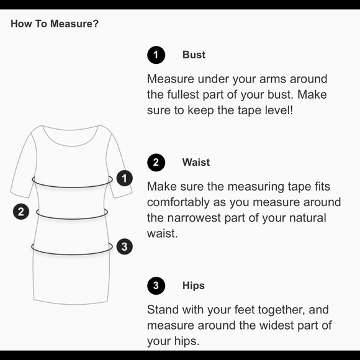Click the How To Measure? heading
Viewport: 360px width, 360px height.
[x=55, y=24]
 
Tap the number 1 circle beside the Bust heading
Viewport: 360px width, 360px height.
[x=156, y=55]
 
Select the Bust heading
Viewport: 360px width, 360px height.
[x=194, y=55]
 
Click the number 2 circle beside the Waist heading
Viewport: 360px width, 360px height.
[x=156, y=163]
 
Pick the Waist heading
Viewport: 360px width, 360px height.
[x=196, y=162]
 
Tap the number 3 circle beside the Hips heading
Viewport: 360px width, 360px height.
[x=156, y=286]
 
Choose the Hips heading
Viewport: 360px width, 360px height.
[x=193, y=286]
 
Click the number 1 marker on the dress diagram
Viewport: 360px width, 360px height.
[x=124, y=178]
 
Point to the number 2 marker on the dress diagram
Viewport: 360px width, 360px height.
[x=21, y=212]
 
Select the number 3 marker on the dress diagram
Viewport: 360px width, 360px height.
[x=124, y=247]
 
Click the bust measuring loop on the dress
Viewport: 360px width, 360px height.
[x=73, y=187]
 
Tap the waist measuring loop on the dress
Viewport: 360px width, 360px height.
[x=72, y=219]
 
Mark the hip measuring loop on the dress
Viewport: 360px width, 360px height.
[x=72, y=254]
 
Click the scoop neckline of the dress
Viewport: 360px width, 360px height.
[x=70, y=146]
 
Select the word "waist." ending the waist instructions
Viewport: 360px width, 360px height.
[x=163, y=233]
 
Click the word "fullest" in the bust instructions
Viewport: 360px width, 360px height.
[x=183, y=94]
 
